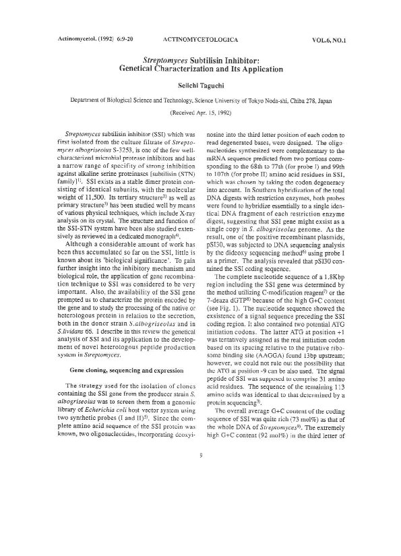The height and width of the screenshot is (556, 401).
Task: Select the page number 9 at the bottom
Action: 201,530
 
